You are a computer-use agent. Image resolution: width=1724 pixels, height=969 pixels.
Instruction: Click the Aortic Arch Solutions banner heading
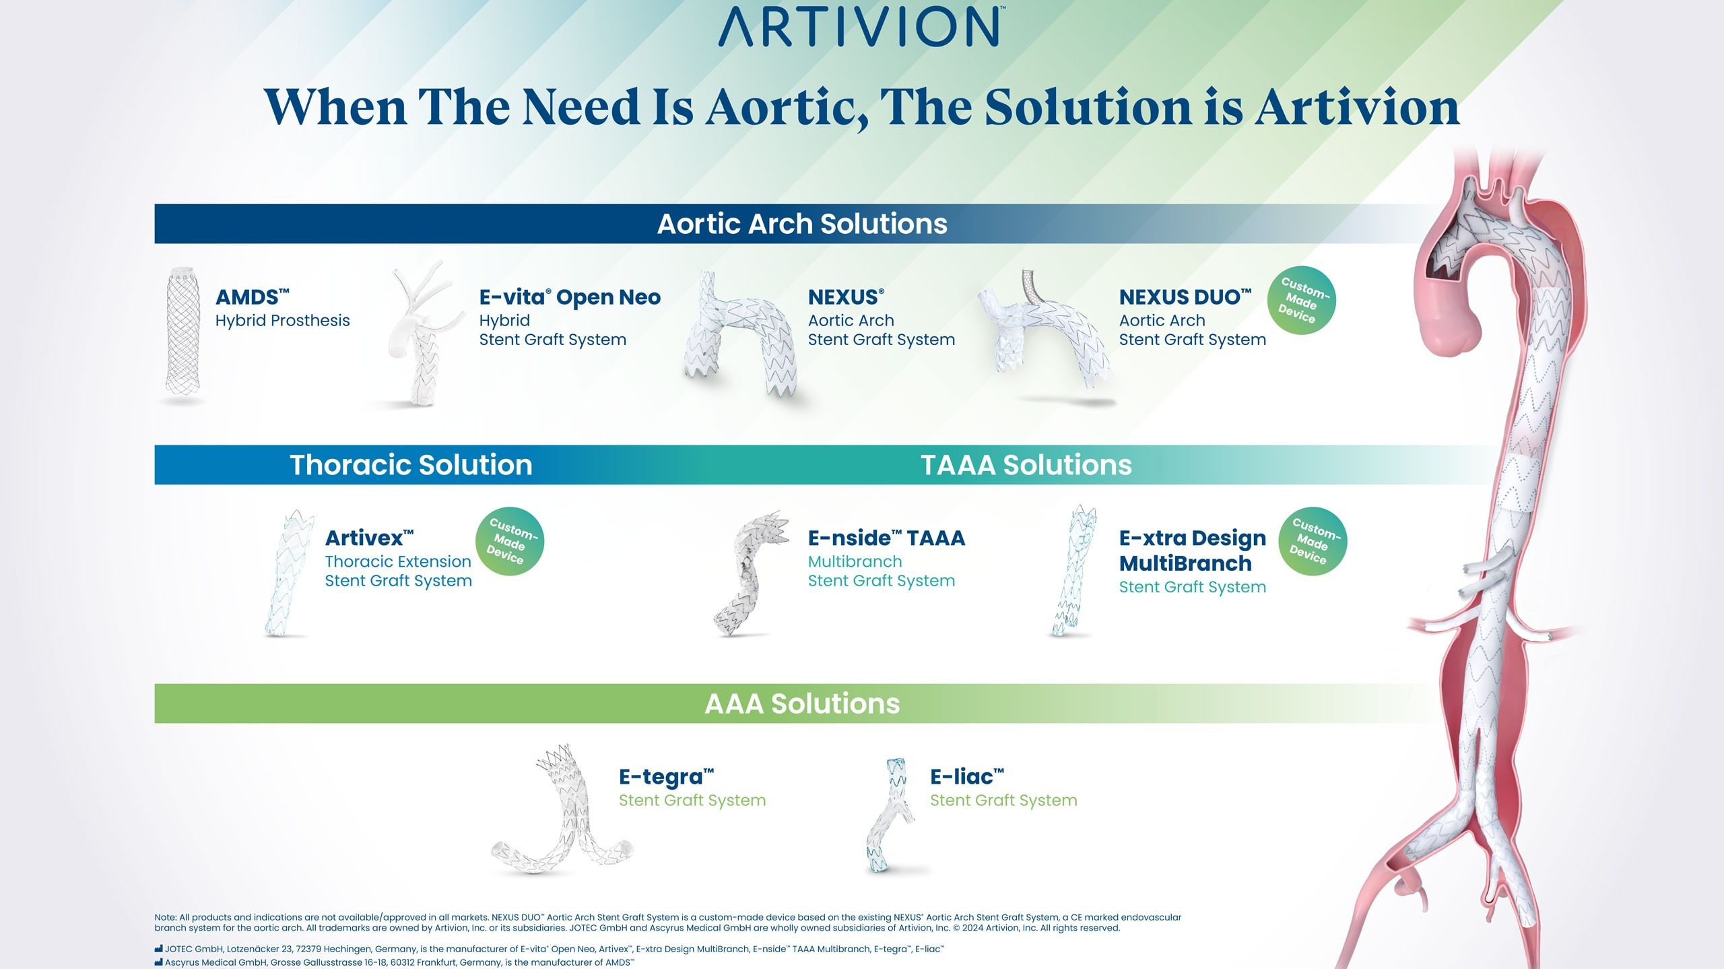click(x=801, y=224)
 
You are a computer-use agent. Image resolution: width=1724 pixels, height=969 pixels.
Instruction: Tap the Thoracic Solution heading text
click(x=411, y=465)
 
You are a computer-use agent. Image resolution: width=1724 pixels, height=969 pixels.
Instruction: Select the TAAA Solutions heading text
click(x=1026, y=465)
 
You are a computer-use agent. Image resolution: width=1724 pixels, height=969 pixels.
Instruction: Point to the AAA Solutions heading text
click(x=801, y=704)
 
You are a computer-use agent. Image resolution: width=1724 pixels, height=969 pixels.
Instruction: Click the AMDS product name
click(x=252, y=297)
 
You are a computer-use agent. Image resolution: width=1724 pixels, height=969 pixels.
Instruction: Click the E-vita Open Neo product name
click(x=570, y=297)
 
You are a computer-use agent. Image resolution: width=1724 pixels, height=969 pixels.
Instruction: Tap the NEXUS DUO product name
click(x=1185, y=297)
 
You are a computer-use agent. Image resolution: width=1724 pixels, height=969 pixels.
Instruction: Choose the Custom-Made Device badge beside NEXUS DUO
click(x=1301, y=301)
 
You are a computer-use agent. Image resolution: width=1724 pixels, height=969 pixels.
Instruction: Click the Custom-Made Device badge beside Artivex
click(x=510, y=541)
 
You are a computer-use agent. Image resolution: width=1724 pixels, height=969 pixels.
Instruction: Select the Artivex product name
click(x=369, y=538)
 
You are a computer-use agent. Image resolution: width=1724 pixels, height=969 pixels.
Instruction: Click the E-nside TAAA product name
click(x=886, y=538)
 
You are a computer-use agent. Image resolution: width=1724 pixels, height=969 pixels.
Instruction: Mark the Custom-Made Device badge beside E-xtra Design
click(x=1313, y=541)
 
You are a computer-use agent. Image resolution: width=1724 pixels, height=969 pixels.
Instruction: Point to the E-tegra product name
click(x=666, y=776)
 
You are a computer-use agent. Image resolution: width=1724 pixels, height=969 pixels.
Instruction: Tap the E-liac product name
click(x=966, y=776)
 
